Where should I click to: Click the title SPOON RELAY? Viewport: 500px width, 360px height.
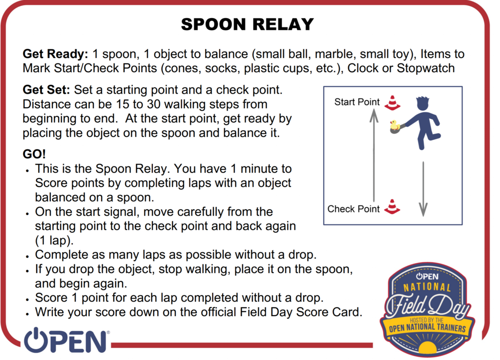coord(248,24)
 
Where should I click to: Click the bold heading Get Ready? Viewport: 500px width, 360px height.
coord(55,54)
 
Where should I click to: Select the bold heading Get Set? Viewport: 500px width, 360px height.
coord(46,90)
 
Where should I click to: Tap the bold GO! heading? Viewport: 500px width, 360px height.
coord(34,154)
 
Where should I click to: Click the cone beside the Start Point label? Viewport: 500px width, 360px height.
coord(392,103)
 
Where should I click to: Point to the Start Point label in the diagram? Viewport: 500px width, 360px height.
coord(357,102)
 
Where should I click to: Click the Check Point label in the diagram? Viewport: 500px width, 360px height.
coord(354,209)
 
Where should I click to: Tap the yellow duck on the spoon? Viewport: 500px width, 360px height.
coord(395,125)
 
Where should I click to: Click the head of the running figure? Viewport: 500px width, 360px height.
coord(423,103)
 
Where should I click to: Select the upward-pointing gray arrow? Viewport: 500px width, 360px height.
coord(374,156)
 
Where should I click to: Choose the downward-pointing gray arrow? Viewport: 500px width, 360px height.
coord(423,189)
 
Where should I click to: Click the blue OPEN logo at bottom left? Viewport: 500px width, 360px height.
coord(66,340)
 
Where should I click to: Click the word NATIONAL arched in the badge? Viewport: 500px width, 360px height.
coord(427,287)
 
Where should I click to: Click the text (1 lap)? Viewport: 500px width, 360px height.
coord(54,240)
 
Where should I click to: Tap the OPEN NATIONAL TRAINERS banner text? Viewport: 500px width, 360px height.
coord(427,328)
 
